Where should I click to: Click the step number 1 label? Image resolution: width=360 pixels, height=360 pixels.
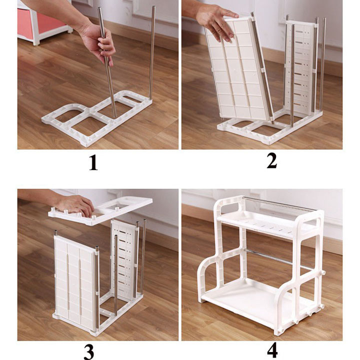click(93, 163)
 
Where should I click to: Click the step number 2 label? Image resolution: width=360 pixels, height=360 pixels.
click(271, 161)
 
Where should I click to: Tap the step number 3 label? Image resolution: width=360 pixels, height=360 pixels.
click(88, 351)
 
